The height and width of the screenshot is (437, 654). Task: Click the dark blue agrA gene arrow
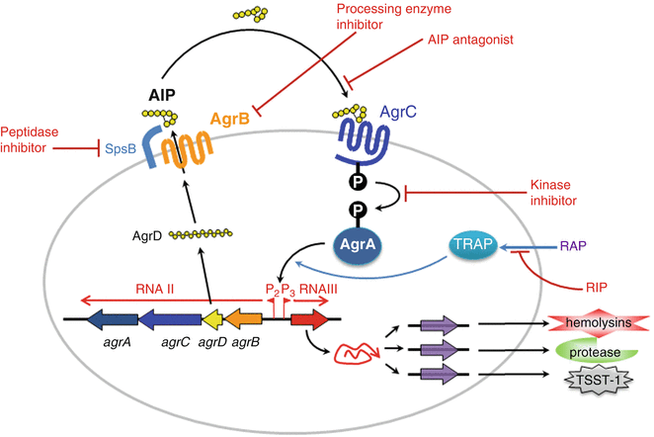pos(111,320)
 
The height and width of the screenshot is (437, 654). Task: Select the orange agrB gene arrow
pos(247,320)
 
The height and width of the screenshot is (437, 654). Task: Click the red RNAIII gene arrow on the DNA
pos(307,320)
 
